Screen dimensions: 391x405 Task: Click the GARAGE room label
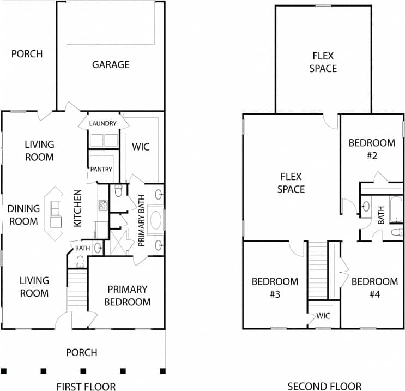pos(111,64)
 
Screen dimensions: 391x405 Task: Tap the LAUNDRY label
pos(102,124)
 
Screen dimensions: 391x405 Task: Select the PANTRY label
pos(101,170)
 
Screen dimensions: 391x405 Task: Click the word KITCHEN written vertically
pos(78,208)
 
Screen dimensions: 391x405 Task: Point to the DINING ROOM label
pos(23,215)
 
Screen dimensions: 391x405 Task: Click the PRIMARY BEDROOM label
pos(129,296)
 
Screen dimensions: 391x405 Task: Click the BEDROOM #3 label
pos(275,288)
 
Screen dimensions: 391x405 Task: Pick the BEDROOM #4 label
pos(374,288)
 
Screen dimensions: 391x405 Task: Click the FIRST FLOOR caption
pos(86,387)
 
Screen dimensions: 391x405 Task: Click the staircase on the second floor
pos(318,270)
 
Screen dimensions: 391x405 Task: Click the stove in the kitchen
pos(103,206)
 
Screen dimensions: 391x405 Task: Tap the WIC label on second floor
pos(324,316)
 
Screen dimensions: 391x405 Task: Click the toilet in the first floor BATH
pos(81,262)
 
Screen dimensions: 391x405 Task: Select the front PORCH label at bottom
pos(82,352)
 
